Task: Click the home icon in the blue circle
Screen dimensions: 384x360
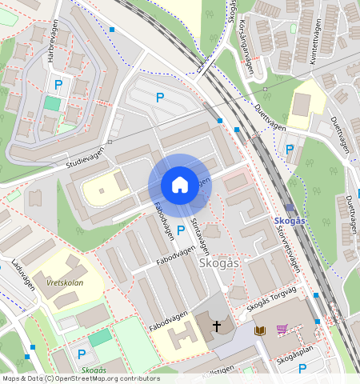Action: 180,185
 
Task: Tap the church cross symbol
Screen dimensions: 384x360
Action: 216,326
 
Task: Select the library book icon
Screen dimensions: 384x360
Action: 259,329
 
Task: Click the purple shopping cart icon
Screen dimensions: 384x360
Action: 282,329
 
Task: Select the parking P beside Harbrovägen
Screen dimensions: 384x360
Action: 58,83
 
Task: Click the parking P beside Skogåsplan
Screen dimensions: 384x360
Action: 302,368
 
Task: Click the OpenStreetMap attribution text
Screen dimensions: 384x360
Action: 80,378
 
